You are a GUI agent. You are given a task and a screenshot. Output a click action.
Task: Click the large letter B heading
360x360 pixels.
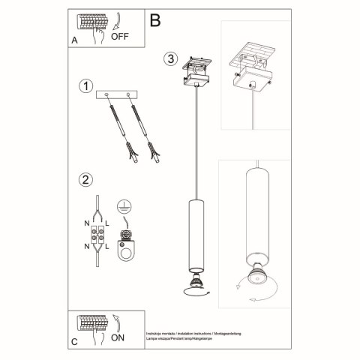coord(155,19)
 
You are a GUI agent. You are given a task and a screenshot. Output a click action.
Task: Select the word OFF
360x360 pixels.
coord(121,35)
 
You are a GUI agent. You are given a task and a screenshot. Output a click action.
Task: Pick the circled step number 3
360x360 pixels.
coord(171,59)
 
